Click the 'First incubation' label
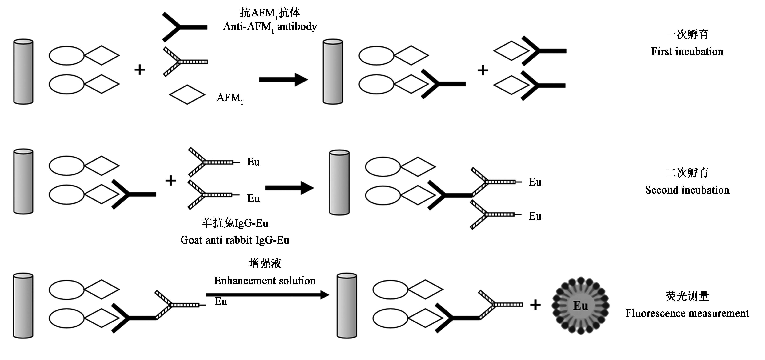(687, 52)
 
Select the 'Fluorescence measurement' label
(687, 313)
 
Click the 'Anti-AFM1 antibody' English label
(270, 27)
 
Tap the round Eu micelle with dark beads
(580, 306)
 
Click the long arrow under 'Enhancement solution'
(267, 295)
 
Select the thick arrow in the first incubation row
(283, 80)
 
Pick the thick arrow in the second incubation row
(289, 188)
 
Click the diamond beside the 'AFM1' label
(187, 95)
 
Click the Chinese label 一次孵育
(687, 35)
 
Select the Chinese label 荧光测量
(687, 296)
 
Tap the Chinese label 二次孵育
(687, 173)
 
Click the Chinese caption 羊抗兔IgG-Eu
(235, 223)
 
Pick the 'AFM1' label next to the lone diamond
(230, 98)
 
